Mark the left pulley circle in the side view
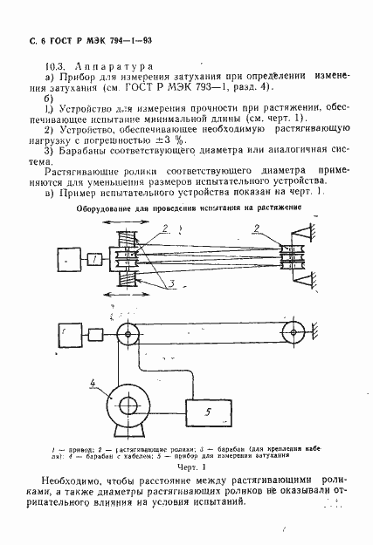[129, 334]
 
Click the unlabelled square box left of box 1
[62, 261]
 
